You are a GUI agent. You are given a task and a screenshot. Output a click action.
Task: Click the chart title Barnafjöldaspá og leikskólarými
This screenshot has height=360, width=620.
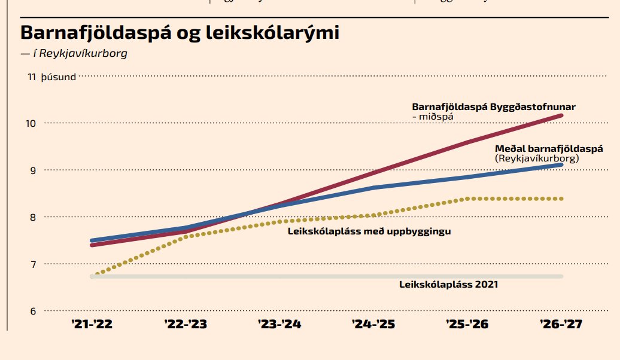(180, 32)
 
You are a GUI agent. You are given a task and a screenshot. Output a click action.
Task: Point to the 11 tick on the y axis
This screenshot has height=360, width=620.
(32, 77)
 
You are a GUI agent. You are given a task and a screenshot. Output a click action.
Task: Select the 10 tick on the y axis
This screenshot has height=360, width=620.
(31, 123)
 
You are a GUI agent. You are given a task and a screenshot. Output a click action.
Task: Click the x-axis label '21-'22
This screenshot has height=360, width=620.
(91, 325)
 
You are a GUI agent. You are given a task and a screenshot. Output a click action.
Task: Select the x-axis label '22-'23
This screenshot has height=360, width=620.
(185, 325)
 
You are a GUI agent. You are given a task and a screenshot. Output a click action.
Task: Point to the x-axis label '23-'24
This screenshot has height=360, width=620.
(279, 325)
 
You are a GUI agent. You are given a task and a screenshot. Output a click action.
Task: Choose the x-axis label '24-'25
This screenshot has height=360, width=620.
(373, 325)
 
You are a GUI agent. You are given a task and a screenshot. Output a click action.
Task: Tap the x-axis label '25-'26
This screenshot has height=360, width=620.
(468, 325)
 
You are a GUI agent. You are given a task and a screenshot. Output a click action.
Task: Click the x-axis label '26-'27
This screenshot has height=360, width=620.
(561, 325)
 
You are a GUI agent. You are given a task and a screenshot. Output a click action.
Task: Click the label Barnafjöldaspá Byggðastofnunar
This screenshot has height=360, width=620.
(493, 107)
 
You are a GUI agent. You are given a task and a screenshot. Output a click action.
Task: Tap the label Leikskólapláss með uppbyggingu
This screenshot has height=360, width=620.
(369, 231)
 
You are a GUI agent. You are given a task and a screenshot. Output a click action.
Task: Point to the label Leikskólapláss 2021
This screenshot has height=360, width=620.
(448, 285)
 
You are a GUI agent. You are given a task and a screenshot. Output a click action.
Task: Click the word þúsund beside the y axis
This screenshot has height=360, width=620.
(59, 77)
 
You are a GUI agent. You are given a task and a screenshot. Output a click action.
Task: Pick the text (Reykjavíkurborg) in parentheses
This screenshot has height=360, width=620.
(537, 158)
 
